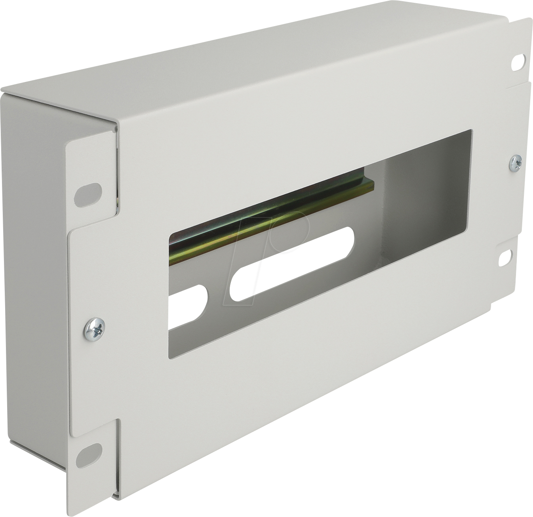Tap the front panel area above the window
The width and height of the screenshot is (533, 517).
[277, 139]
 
